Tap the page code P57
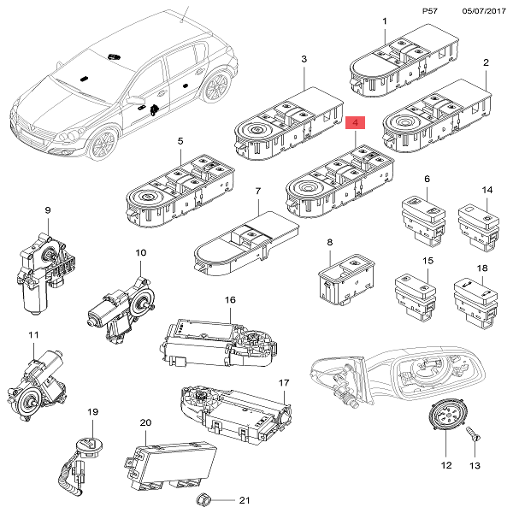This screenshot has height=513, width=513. [x=431, y=11]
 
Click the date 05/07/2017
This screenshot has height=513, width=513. [x=483, y=11]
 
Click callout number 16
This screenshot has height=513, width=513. [x=229, y=300]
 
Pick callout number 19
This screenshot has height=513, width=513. [x=91, y=412]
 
